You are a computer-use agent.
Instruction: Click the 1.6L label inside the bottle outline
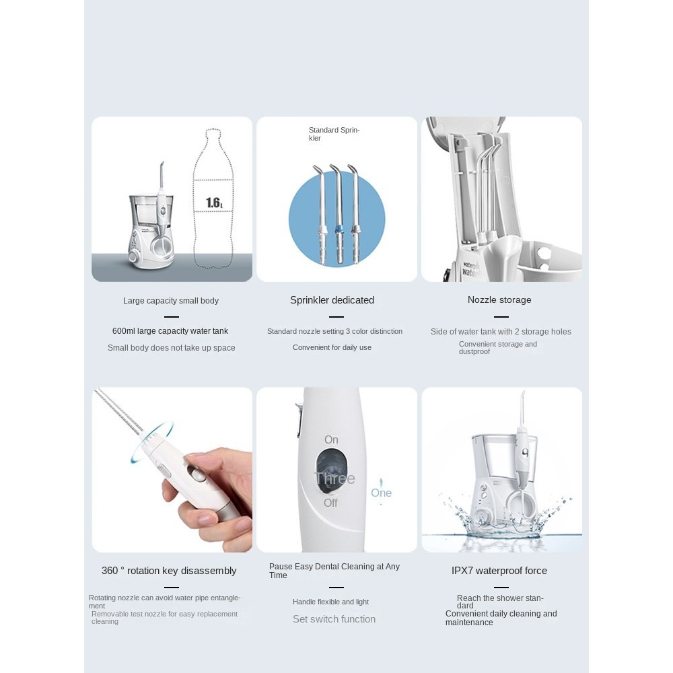tap(214, 202)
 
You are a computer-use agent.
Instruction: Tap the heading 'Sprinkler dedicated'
tap(332, 300)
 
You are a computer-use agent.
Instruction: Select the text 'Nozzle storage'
tap(499, 299)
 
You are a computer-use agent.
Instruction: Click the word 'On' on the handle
tap(331, 439)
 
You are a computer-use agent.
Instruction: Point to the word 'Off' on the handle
tap(330, 503)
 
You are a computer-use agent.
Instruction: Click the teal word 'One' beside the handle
tap(381, 493)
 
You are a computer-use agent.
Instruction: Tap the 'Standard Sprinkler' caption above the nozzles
tap(334, 134)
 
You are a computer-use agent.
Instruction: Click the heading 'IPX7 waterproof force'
tap(499, 571)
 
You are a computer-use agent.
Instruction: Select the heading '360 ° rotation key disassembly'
tap(169, 571)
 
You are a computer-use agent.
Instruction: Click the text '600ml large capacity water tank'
tap(170, 331)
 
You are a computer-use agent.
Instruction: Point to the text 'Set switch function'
tap(334, 619)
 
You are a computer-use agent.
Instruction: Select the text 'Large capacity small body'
tap(171, 300)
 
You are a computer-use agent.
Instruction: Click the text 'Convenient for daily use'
tap(332, 347)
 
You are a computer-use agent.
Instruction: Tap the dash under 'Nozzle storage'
tap(501, 317)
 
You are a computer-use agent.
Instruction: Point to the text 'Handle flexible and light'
tap(331, 602)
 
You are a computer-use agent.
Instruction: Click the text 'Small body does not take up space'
tap(171, 348)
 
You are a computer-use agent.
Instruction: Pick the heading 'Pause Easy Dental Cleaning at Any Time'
tap(334, 571)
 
